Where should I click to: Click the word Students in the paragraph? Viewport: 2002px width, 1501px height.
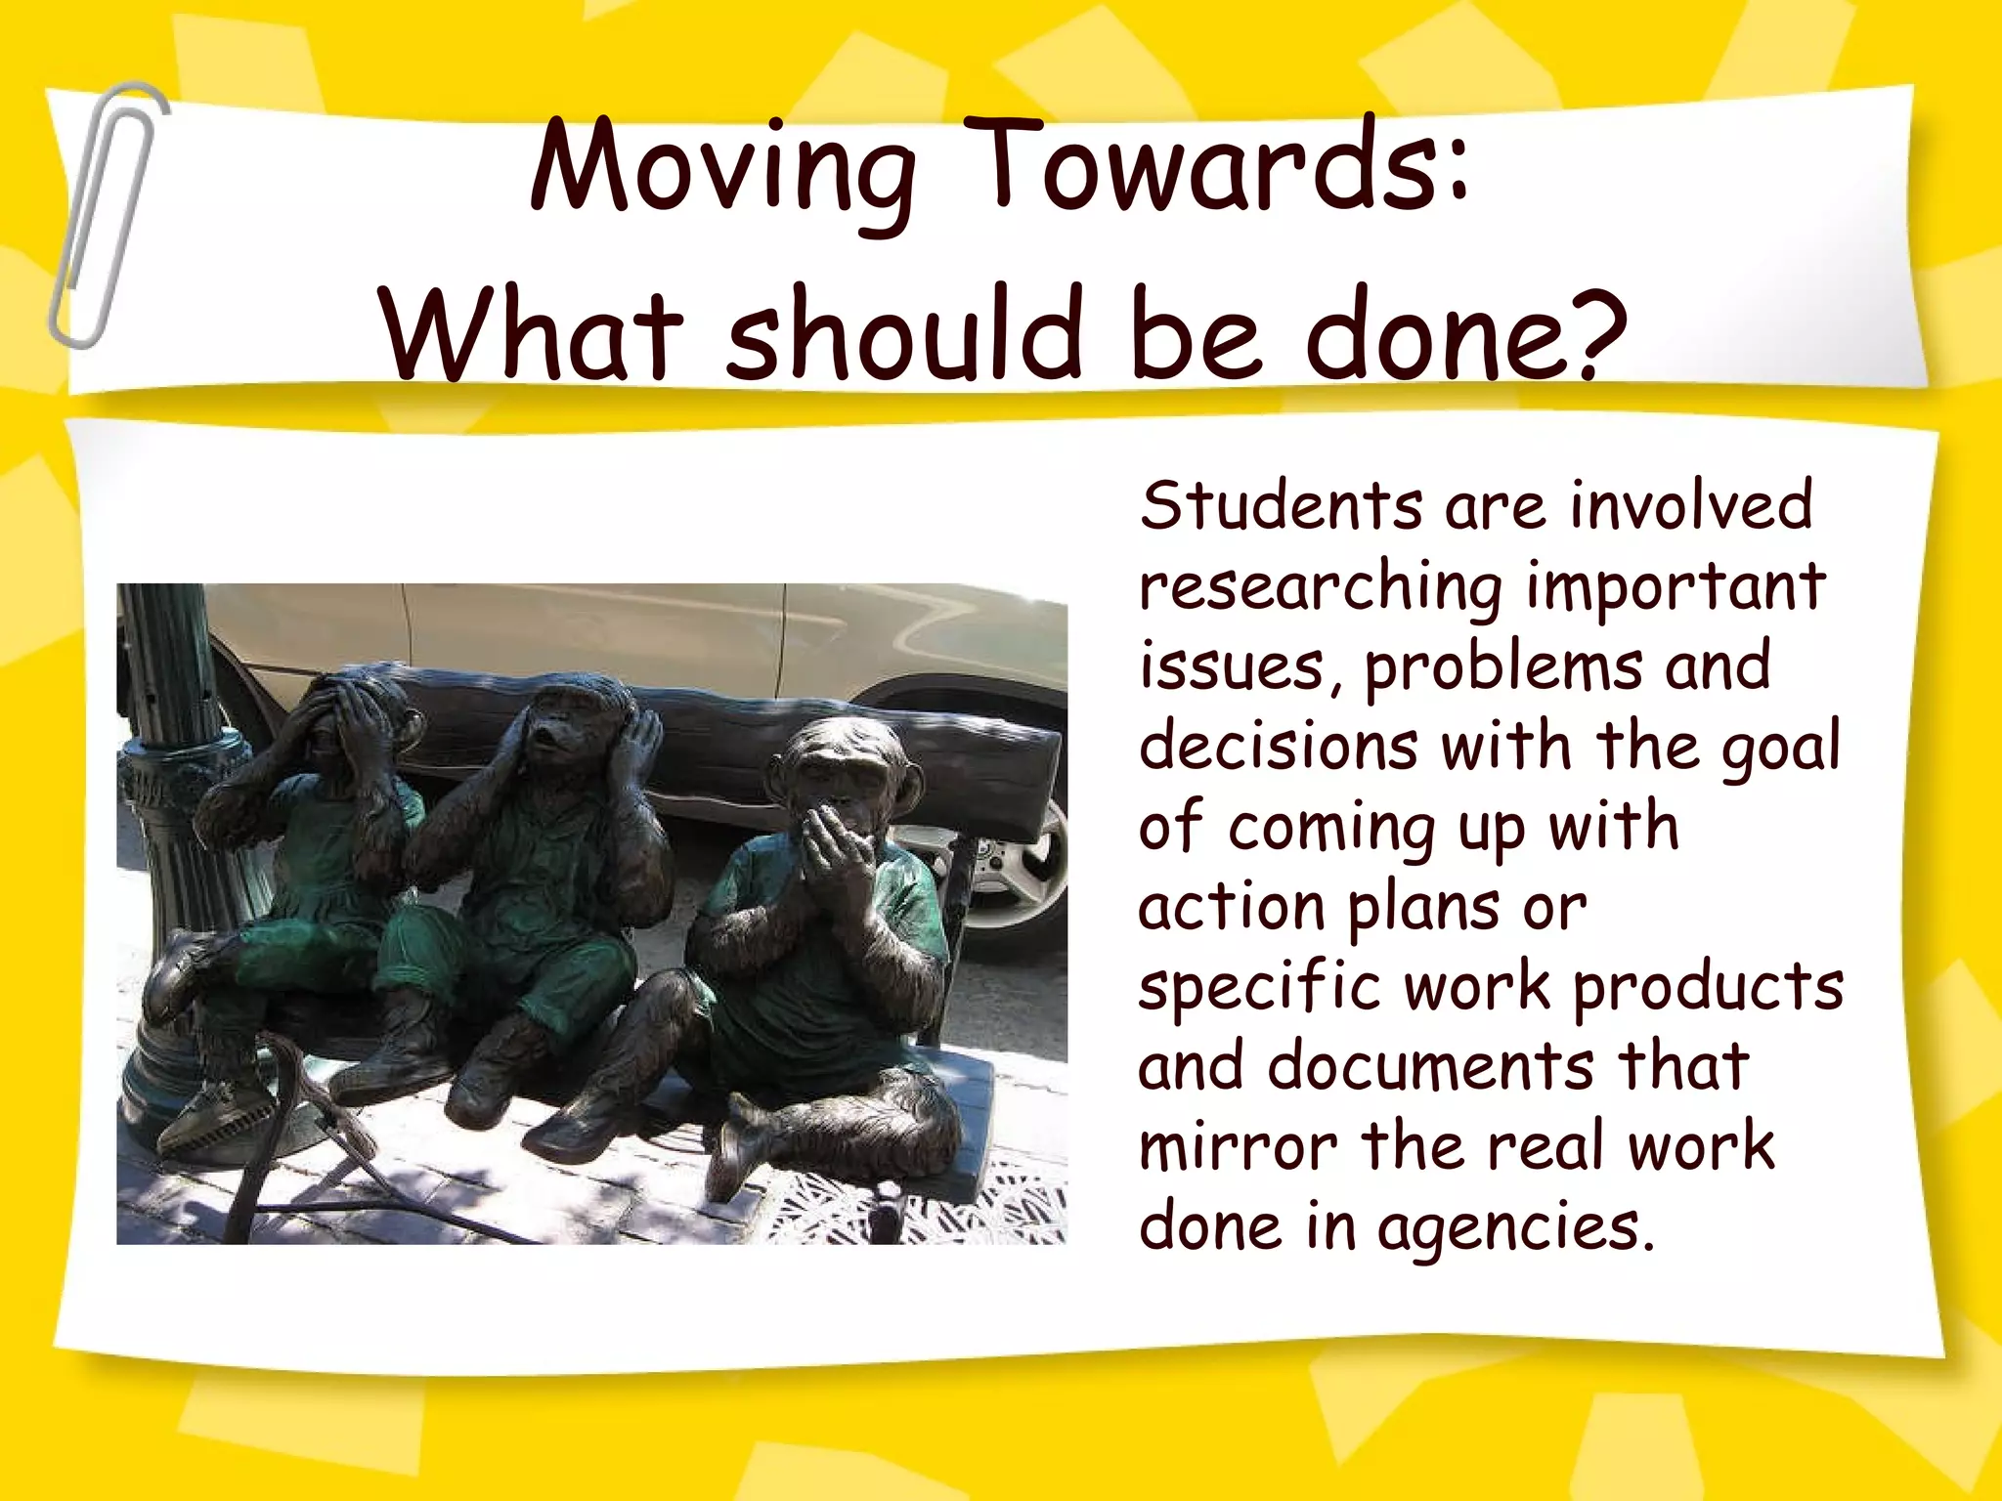click(1281, 506)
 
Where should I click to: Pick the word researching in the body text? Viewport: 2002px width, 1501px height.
click(1320, 588)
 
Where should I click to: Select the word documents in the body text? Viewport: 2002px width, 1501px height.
click(1431, 1067)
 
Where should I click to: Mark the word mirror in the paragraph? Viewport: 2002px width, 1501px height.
click(1238, 1147)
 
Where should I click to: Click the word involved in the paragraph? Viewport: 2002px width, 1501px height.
click(1691, 506)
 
